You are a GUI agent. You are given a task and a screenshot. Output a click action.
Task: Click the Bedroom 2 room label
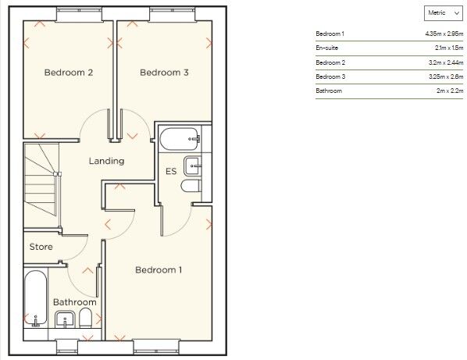click(x=69, y=73)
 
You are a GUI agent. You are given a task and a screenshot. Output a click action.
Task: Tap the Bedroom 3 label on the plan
click(x=164, y=73)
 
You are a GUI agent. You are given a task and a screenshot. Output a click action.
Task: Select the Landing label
click(x=106, y=162)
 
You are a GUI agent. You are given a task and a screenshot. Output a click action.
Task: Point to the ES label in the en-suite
click(x=170, y=172)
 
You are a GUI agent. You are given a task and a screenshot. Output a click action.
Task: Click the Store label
click(x=41, y=248)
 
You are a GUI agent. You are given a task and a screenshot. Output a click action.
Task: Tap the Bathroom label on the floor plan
click(x=74, y=302)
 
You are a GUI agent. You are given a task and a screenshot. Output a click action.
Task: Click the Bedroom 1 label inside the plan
click(x=159, y=270)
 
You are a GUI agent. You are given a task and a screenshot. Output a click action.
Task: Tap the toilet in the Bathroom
click(x=87, y=317)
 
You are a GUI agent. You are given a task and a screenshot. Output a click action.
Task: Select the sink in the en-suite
click(x=192, y=165)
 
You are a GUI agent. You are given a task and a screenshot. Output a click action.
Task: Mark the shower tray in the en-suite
click(x=179, y=141)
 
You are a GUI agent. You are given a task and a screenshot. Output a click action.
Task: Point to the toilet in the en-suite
click(x=191, y=187)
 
